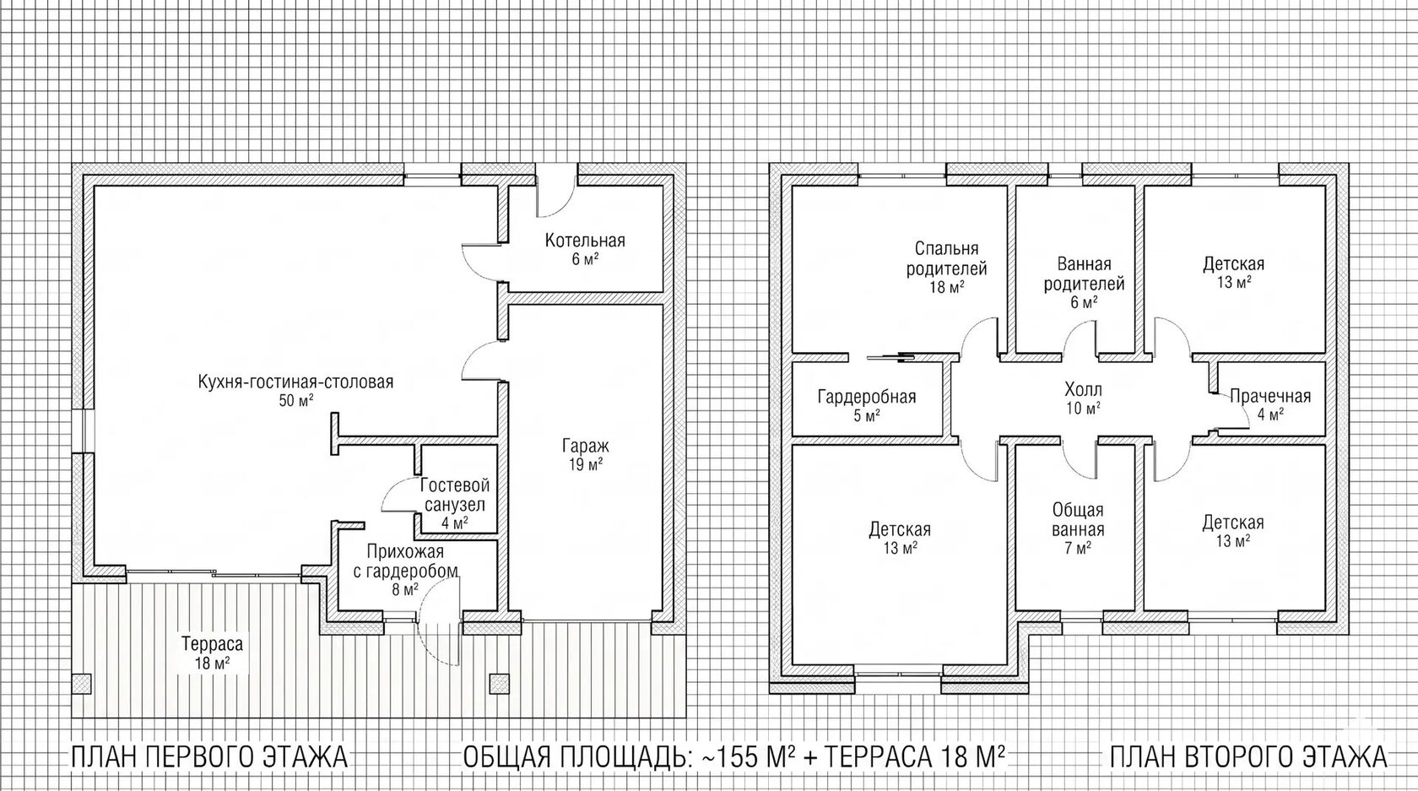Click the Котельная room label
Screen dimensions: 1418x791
click(585, 249)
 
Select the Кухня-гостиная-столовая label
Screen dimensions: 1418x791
click(295, 391)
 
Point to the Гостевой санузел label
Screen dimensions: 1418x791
click(455, 504)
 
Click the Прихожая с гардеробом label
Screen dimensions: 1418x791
click(405, 570)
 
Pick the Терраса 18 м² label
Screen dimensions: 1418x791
click(212, 653)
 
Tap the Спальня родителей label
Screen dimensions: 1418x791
click(946, 268)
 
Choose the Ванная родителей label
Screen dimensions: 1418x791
click(1084, 283)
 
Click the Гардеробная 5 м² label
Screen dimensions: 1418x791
click(867, 406)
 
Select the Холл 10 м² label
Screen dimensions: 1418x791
click(1083, 398)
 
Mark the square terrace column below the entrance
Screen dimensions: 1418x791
click(500, 684)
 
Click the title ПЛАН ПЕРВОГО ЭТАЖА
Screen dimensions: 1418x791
click(209, 757)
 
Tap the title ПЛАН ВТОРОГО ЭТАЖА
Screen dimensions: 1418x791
click(1248, 757)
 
